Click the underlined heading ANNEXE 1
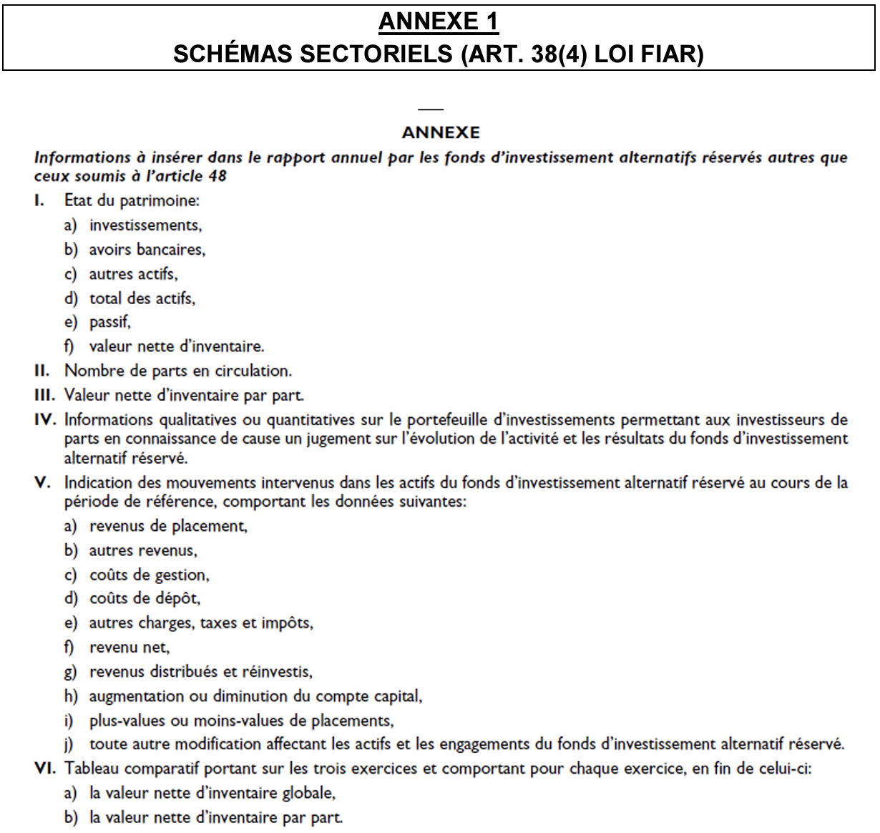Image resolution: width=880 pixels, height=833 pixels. click(x=438, y=22)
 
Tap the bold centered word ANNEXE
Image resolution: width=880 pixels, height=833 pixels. click(x=441, y=132)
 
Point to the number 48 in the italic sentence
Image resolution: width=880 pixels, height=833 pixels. click(x=217, y=175)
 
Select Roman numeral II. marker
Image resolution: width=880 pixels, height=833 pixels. click(x=42, y=371)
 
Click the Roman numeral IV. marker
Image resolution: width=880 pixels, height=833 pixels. click(x=44, y=419)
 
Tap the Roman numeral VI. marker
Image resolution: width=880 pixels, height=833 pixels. click(x=44, y=769)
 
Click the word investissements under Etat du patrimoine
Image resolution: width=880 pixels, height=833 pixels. click(x=145, y=225)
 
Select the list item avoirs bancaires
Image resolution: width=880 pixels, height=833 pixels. click(x=147, y=250)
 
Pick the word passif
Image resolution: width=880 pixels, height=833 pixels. click(x=109, y=322)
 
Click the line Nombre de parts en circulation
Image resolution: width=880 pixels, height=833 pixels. click(x=177, y=371)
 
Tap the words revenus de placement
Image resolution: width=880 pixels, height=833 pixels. click(x=168, y=526)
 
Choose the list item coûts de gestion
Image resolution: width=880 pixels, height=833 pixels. click(x=149, y=575)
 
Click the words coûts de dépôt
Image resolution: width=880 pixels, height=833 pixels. click(x=145, y=598)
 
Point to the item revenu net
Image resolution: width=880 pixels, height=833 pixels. click(x=129, y=648)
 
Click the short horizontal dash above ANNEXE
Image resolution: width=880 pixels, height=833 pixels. click(x=431, y=109)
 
